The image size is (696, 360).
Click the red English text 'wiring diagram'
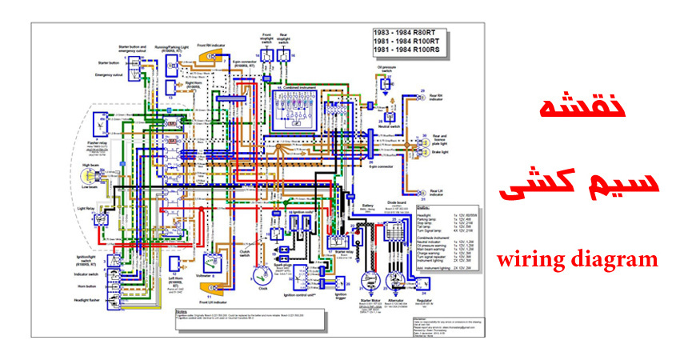577,260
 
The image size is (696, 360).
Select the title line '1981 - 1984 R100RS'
409,50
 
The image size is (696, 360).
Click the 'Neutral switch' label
389,127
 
